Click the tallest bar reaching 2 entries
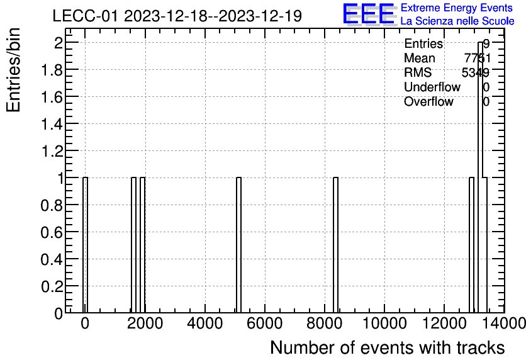click(x=480, y=176)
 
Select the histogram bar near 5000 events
click(x=239, y=245)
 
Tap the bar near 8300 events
click(x=335, y=245)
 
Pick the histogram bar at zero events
click(x=85, y=245)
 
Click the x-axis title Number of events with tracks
click(x=387, y=347)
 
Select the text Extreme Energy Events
click(x=457, y=8)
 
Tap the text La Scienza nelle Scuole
click(x=457, y=21)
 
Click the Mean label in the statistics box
click(x=419, y=58)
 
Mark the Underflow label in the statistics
click(x=432, y=87)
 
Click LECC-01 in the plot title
click(x=86, y=16)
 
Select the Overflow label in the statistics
click(x=428, y=101)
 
